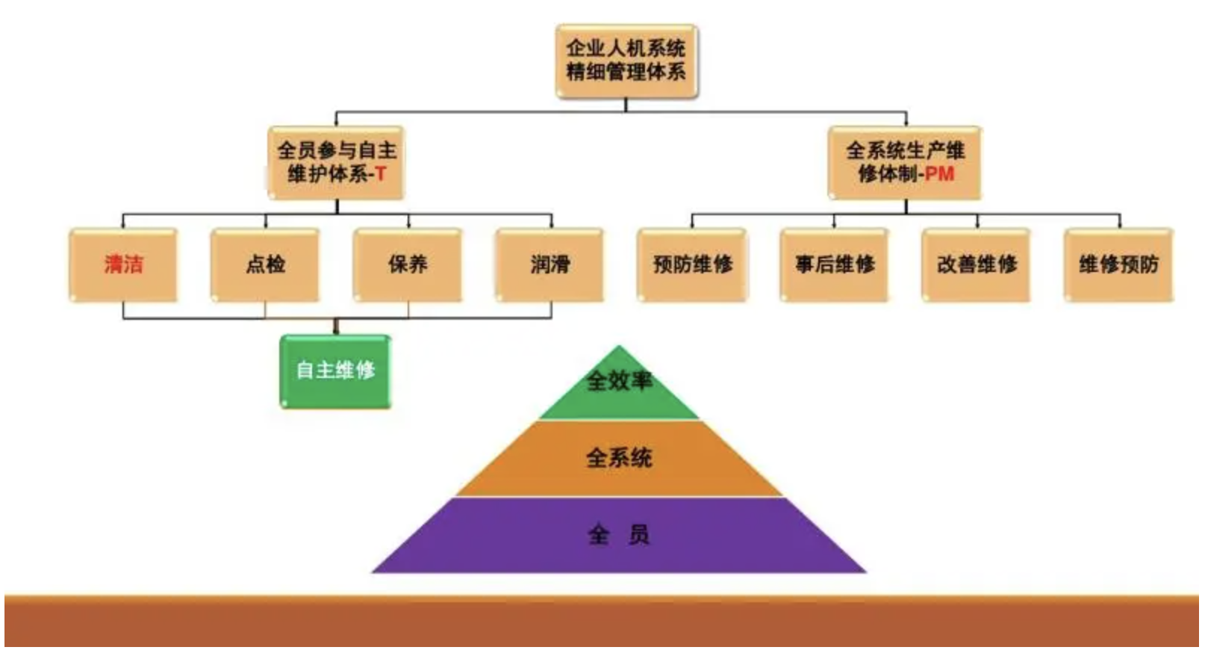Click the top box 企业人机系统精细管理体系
click(x=626, y=61)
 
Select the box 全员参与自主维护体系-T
click(x=336, y=162)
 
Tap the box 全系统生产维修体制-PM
click(x=904, y=162)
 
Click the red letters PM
click(x=939, y=174)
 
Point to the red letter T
click(x=381, y=174)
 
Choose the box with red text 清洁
click(x=123, y=264)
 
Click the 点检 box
click(x=265, y=264)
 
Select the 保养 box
click(x=408, y=264)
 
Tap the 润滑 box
click(x=549, y=264)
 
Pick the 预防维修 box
click(x=692, y=264)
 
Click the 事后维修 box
click(x=834, y=264)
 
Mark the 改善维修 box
click(x=977, y=264)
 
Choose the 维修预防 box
click(x=1118, y=264)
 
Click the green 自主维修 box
click(x=335, y=371)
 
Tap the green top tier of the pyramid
click(x=619, y=396)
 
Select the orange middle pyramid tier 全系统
click(x=619, y=458)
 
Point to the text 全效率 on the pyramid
click(x=619, y=381)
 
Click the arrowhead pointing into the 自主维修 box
click(x=336, y=329)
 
